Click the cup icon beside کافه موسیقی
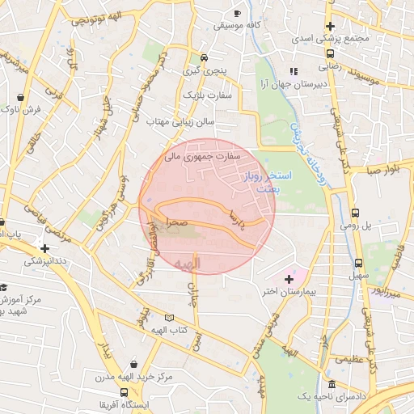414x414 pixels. (238, 13)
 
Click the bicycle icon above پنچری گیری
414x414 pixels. (205, 57)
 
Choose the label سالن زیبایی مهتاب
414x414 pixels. (179, 121)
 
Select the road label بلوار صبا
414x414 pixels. (381, 171)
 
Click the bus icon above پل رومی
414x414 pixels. (356, 213)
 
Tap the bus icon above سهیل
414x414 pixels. (359, 263)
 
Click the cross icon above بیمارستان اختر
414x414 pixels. (289, 278)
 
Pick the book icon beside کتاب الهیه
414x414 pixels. (169, 318)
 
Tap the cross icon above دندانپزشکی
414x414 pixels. (44, 248)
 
